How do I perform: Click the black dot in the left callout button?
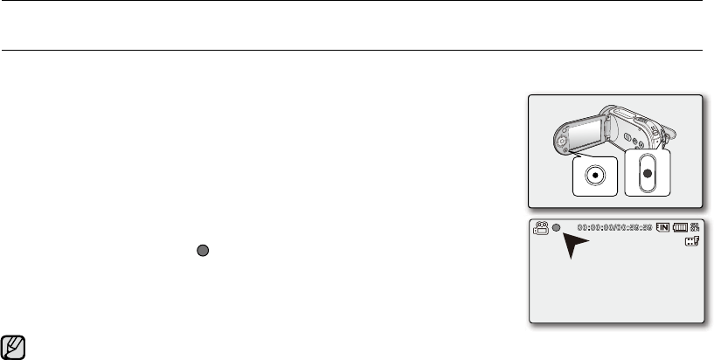(594, 174)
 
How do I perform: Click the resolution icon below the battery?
(693, 243)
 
